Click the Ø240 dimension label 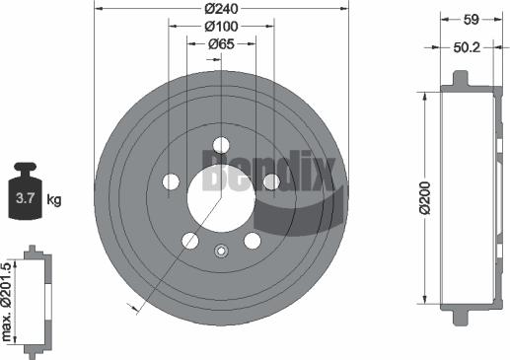pos(221,9)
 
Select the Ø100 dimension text pos(221,27)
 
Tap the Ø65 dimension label pos(221,43)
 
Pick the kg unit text pos(53,200)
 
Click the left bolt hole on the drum pos(171,181)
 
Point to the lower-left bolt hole pos(190,241)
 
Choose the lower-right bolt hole pos(252,241)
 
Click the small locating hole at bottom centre pos(221,249)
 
